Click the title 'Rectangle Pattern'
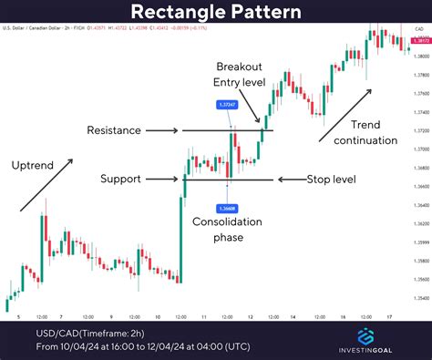(216, 13)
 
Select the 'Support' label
(122, 179)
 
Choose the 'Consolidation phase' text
(227, 231)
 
